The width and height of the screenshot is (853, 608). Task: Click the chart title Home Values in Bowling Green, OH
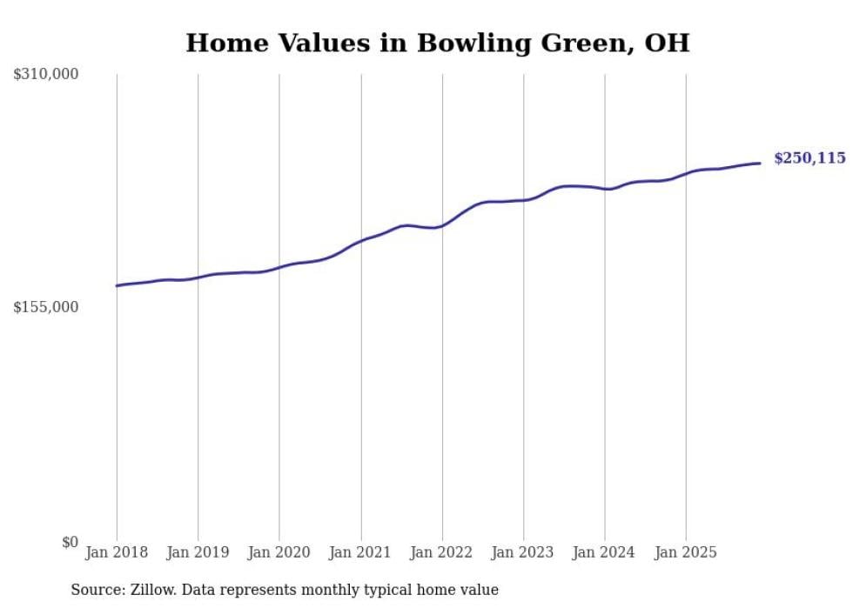438,43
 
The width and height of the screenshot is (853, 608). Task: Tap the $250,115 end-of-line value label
809,158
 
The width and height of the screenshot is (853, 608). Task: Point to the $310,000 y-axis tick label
46,75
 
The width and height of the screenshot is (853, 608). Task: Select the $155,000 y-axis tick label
46,307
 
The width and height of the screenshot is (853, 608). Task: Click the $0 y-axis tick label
70,542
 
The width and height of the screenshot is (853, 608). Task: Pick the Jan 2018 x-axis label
117,552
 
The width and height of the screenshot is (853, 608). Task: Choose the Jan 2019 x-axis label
198,552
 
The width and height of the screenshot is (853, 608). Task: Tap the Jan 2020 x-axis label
279,552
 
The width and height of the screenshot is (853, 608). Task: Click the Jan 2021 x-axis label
360,552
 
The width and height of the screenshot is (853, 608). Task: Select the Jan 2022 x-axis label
442,552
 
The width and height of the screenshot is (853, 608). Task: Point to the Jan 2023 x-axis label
523,552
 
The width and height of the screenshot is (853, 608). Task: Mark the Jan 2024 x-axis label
605,552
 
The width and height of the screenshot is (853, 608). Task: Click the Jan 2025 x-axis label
686,552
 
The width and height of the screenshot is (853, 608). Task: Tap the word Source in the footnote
95,590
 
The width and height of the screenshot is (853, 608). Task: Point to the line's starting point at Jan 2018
117,285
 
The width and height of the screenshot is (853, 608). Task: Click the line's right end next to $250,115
760,163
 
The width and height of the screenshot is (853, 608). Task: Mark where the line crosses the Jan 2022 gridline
442,225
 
